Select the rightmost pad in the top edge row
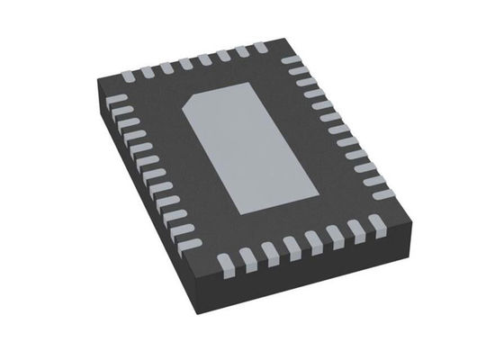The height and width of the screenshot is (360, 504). (260, 48)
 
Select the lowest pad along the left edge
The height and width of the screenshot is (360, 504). (186, 241)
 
